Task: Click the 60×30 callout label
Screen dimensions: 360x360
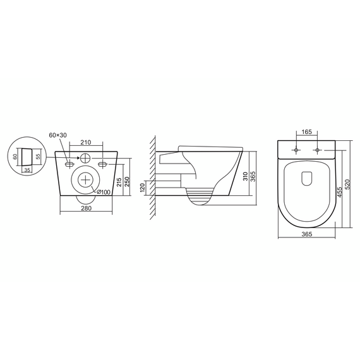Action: pyautogui.click(x=58, y=135)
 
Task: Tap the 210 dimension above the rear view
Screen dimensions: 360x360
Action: pyautogui.click(x=86, y=142)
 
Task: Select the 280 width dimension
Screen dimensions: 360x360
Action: pyautogui.click(x=86, y=208)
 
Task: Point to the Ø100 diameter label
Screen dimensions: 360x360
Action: pyautogui.click(x=104, y=192)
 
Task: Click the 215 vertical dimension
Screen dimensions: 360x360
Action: pyautogui.click(x=119, y=183)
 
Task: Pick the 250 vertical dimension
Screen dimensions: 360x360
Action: pyautogui.click(x=127, y=182)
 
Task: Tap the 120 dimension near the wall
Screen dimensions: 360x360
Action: pyautogui.click(x=142, y=188)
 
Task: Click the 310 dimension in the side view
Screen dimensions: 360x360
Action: pyautogui.click(x=246, y=176)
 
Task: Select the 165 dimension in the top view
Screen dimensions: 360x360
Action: pyautogui.click(x=307, y=132)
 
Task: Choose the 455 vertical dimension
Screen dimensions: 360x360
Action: pyautogui.click(x=340, y=192)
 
